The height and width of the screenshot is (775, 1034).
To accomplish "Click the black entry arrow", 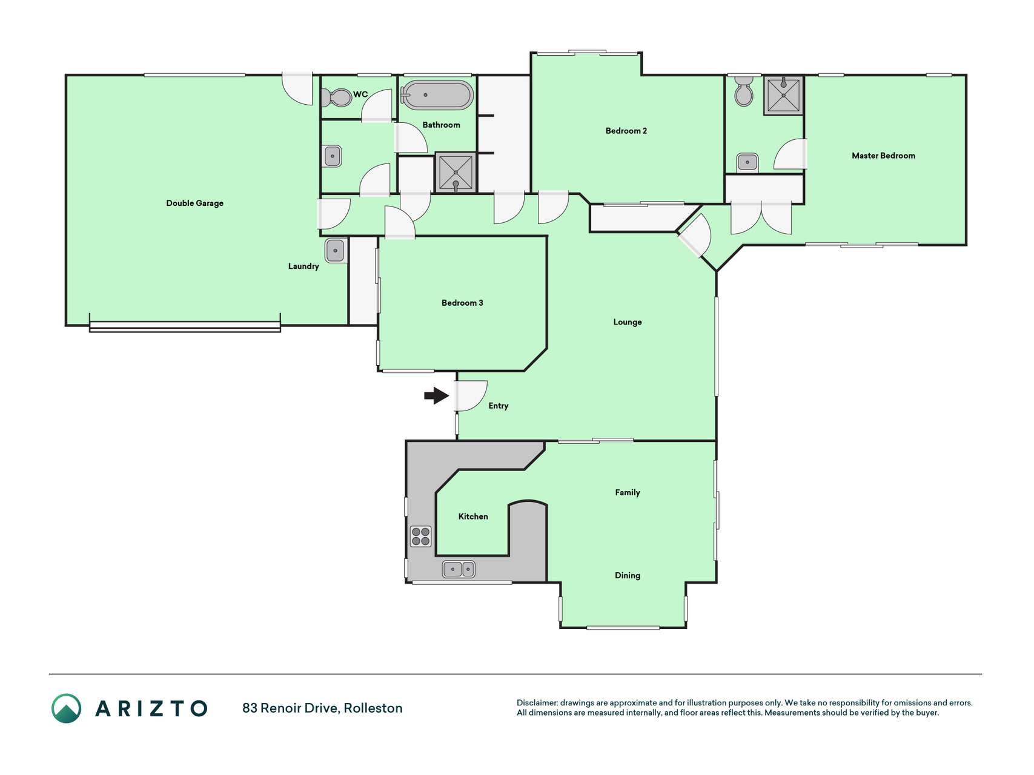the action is (x=436, y=396).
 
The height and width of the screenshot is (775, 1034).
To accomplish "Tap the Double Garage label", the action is (x=195, y=203).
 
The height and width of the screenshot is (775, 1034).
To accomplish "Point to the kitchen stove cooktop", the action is (x=421, y=536).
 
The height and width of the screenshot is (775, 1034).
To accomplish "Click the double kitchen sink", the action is (x=459, y=569).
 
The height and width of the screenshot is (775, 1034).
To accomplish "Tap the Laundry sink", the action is (x=336, y=251).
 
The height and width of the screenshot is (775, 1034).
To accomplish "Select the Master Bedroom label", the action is (x=883, y=156).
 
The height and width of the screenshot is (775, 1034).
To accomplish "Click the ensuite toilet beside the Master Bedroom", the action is (x=743, y=91).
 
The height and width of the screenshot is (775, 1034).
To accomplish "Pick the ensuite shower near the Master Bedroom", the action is (x=783, y=95).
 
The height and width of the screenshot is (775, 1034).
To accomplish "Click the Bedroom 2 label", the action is (x=626, y=131).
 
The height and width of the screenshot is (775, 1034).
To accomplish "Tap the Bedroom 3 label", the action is (x=462, y=303).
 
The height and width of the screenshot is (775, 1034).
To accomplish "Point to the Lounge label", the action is (x=628, y=322).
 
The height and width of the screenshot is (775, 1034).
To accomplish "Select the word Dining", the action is (x=628, y=575).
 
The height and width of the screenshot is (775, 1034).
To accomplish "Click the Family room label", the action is (x=628, y=492).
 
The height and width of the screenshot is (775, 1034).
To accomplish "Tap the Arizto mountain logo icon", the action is (x=66, y=708).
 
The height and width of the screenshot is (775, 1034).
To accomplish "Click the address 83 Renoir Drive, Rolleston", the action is (x=322, y=708).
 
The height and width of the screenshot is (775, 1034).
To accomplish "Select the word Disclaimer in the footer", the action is (x=537, y=703).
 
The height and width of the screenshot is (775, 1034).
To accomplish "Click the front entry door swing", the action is (x=472, y=396).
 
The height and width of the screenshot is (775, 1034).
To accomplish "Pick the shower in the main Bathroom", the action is (x=456, y=173).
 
